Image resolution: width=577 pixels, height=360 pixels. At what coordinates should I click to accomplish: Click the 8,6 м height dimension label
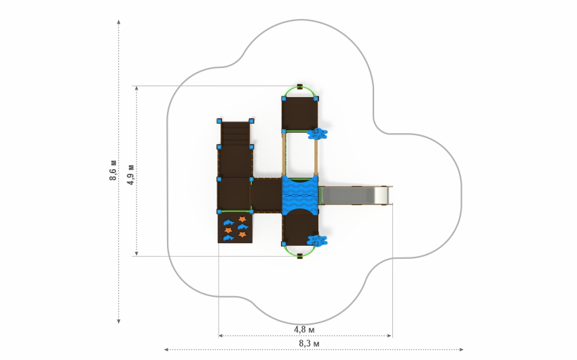pos(113,170)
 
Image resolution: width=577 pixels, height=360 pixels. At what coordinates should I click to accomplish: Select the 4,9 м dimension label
pos(130,175)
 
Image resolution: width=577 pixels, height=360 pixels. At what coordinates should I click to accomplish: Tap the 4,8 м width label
pos(304,329)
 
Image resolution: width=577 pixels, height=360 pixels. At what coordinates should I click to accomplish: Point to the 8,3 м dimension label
pos(309,344)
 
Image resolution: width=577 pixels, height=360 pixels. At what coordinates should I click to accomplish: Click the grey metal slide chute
pos(355,195)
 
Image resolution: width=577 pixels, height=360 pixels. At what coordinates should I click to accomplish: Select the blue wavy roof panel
pos(300,194)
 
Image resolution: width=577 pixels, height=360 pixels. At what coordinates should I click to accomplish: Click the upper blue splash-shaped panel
pos(317,134)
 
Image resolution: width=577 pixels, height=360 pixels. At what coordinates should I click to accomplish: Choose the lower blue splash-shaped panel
pos(317,240)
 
